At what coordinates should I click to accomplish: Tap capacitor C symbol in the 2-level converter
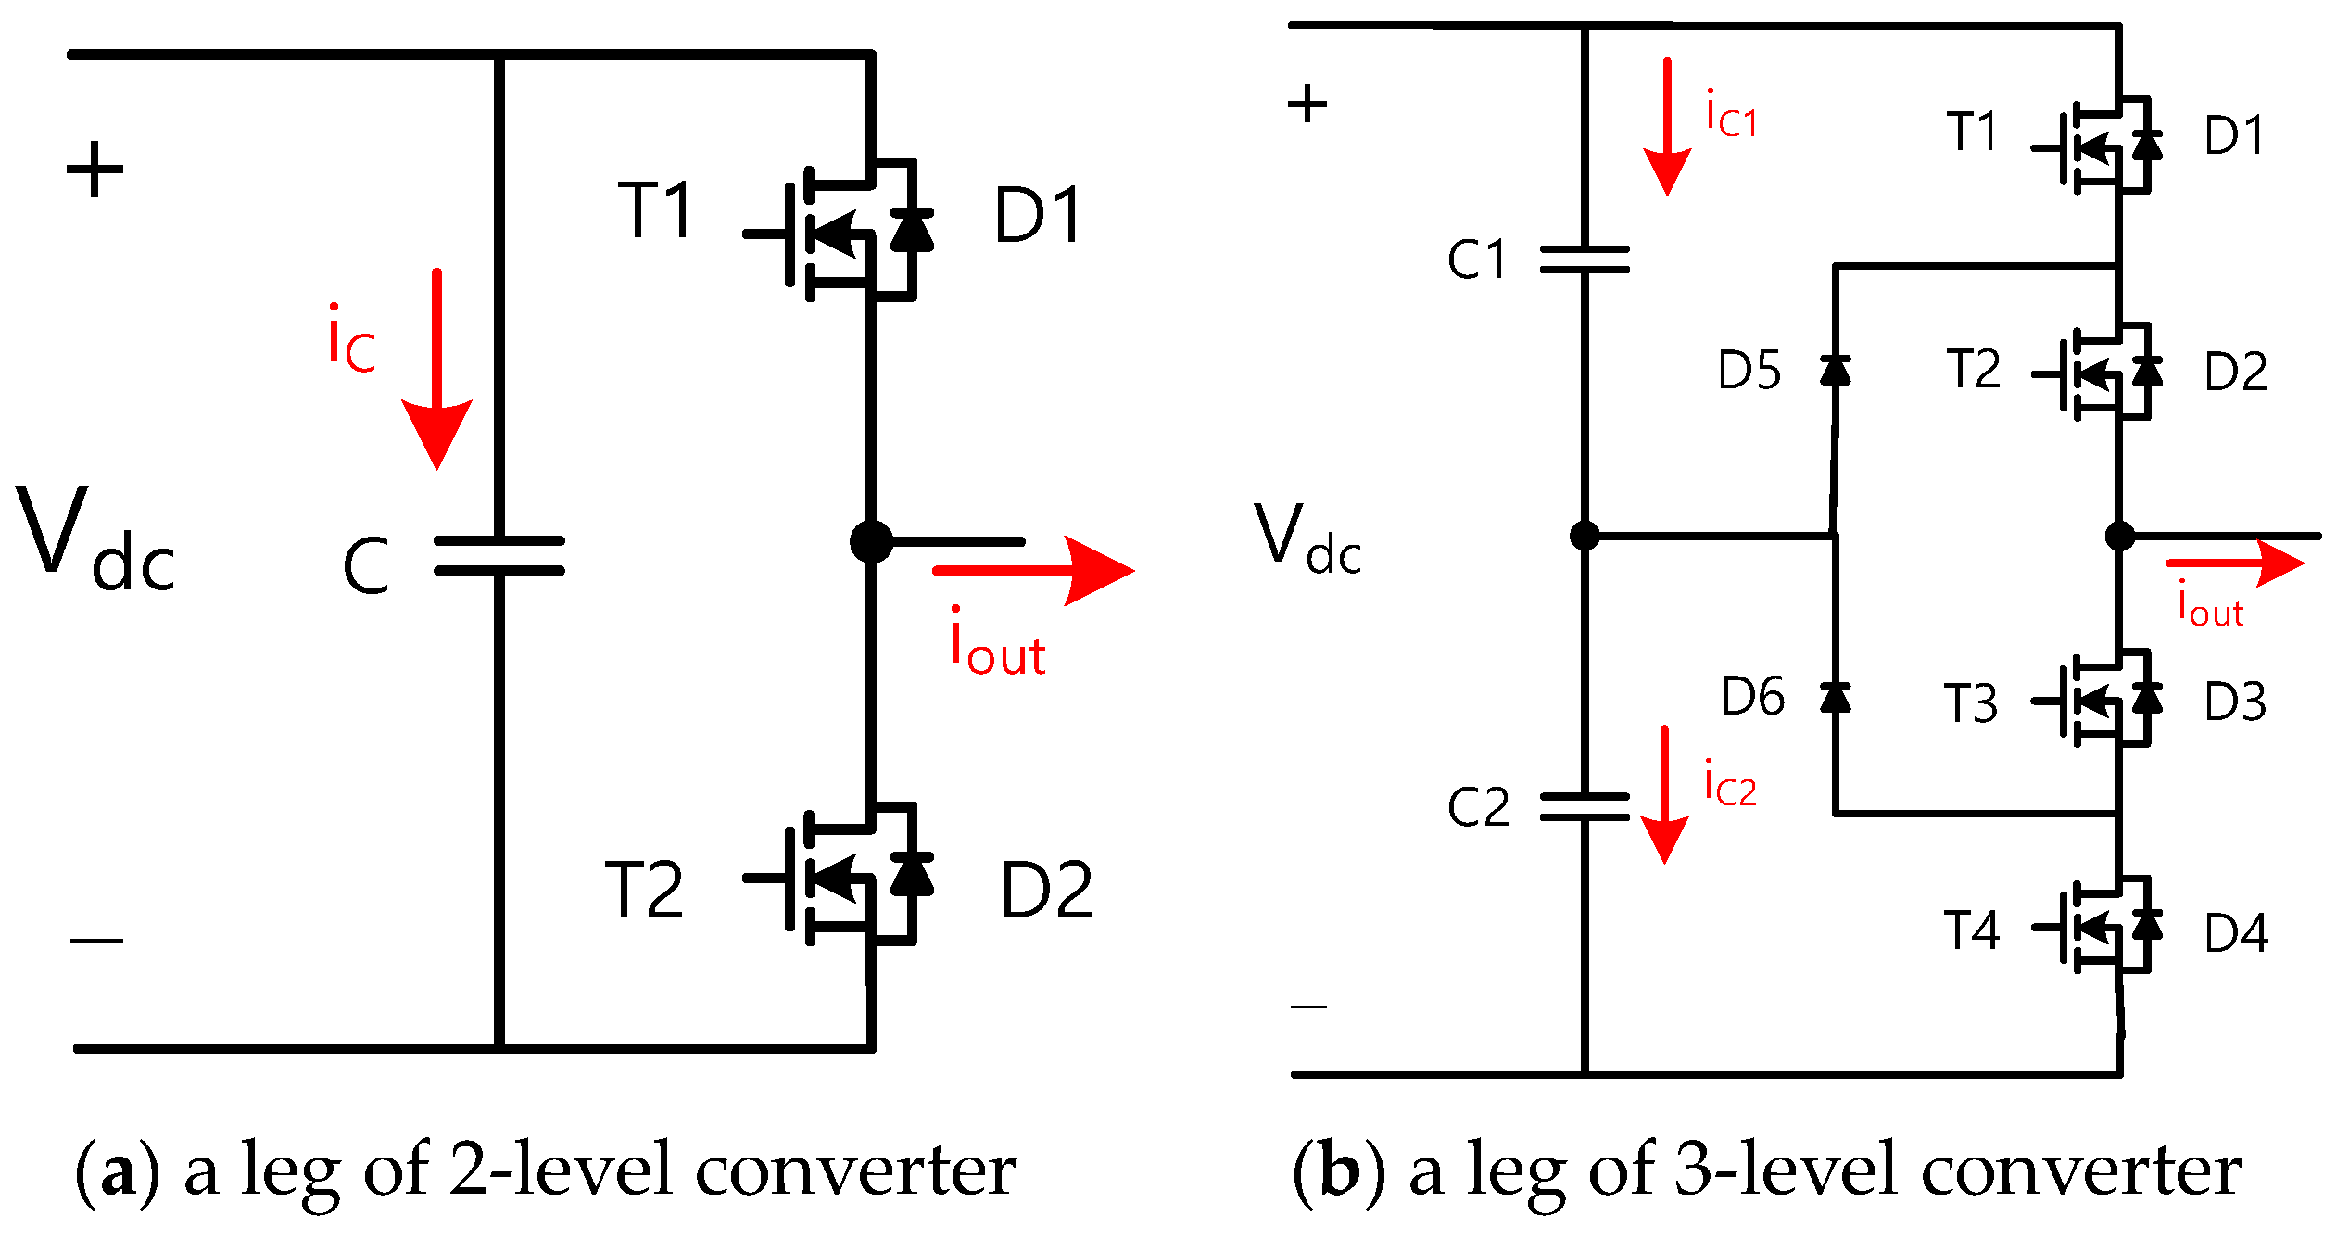(499, 556)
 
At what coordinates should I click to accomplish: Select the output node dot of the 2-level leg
(871, 542)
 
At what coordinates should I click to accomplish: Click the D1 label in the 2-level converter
(1037, 216)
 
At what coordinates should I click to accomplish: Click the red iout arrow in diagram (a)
(1033, 570)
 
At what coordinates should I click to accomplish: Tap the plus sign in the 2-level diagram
(95, 170)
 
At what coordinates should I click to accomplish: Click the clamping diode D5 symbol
(1835, 370)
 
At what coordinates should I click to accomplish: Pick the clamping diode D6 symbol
(1835, 697)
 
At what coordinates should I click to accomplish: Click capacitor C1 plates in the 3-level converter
(1585, 259)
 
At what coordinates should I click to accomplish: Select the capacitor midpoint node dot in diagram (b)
(1585, 536)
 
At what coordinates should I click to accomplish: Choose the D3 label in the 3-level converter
(2235, 702)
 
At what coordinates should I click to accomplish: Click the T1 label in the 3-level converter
(1972, 133)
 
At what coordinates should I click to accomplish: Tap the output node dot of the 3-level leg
(2120, 536)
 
